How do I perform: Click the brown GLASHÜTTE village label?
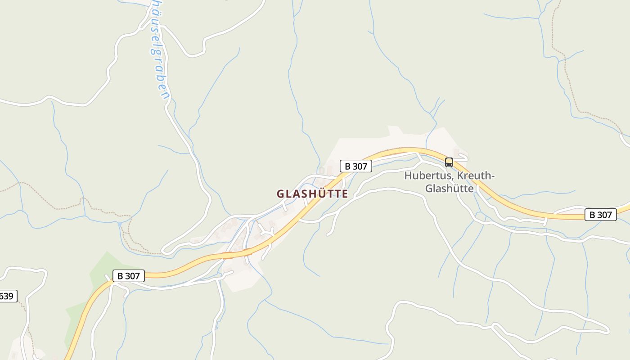click(312, 194)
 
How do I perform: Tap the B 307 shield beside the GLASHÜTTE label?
click(355, 166)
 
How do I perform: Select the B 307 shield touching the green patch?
click(128, 276)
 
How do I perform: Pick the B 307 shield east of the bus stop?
click(600, 215)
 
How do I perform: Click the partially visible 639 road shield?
click(7, 296)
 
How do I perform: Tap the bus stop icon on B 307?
click(449, 162)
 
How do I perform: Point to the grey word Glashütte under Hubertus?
click(449, 188)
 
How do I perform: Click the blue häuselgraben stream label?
click(159, 49)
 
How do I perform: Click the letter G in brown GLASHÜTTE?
click(280, 194)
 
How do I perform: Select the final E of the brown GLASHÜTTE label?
click(345, 194)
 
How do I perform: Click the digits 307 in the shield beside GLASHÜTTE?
click(360, 166)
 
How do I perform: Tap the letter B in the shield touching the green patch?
click(120, 276)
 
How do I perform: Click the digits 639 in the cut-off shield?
click(6, 296)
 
